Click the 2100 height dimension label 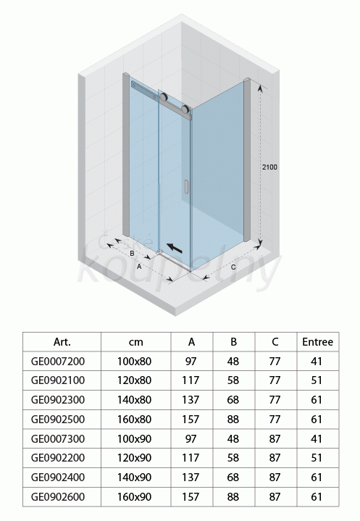coord(269,167)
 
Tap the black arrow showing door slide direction coord(175,248)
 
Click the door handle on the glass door coord(186,186)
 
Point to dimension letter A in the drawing coord(139,267)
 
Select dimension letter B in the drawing coord(132,253)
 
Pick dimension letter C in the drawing coord(233,267)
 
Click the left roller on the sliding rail coord(164,97)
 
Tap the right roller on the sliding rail coord(185,109)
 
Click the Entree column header coord(317,341)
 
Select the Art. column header coord(62,341)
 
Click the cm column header coord(135,342)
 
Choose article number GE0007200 coord(58,361)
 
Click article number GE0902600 coord(58,497)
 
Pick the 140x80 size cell coord(134,400)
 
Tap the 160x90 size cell coord(134,497)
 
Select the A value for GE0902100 coord(191,380)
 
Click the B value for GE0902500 coord(233,420)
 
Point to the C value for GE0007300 coord(275,438)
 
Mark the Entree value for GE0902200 coord(317,458)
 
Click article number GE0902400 coord(58,478)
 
